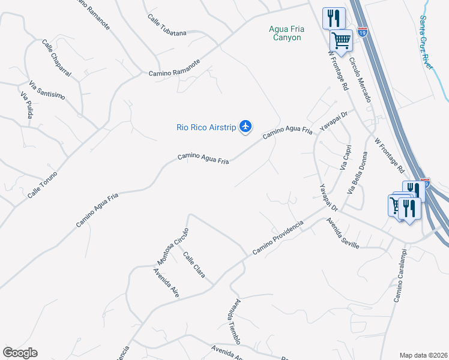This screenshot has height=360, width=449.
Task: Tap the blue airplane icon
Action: (x=245, y=126)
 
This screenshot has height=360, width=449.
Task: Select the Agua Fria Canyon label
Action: (x=284, y=32)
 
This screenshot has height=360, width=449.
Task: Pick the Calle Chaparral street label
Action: (x=56, y=58)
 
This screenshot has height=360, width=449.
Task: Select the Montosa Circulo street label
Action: (x=173, y=246)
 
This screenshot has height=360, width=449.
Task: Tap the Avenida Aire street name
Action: (x=166, y=283)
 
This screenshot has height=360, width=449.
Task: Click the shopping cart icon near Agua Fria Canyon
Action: (x=341, y=41)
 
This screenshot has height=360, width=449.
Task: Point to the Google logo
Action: (x=20, y=353)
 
